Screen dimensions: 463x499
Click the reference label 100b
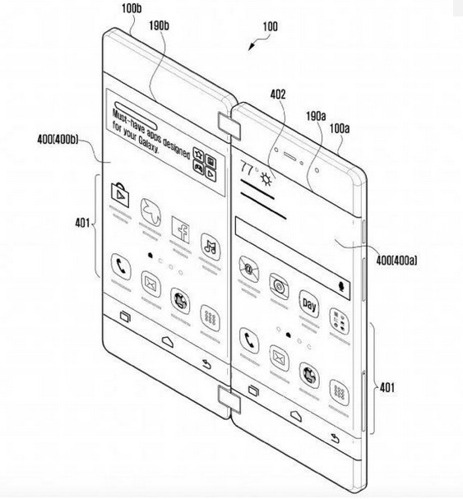tap(132, 8)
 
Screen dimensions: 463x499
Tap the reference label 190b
tap(160, 25)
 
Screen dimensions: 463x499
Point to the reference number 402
tap(278, 95)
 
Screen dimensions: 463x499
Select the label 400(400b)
tap(58, 140)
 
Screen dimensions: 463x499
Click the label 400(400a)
tap(396, 261)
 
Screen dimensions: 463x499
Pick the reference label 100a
tap(340, 128)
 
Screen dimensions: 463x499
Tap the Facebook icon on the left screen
tap(181, 229)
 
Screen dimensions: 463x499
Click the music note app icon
tap(211, 247)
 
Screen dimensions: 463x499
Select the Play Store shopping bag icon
tap(120, 195)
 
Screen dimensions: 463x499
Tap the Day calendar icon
tap(309, 304)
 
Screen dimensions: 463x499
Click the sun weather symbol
tap(266, 178)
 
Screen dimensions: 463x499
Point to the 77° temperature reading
tap(249, 168)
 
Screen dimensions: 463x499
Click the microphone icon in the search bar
tap(342, 286)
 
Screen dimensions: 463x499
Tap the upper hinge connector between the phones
tap(229, 126)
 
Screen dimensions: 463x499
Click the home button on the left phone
tap(168, 341)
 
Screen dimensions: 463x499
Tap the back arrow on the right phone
tap(335, 438)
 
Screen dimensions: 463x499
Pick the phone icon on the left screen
tap(121, 266)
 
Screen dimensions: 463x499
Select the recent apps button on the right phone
tap(253, 390)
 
